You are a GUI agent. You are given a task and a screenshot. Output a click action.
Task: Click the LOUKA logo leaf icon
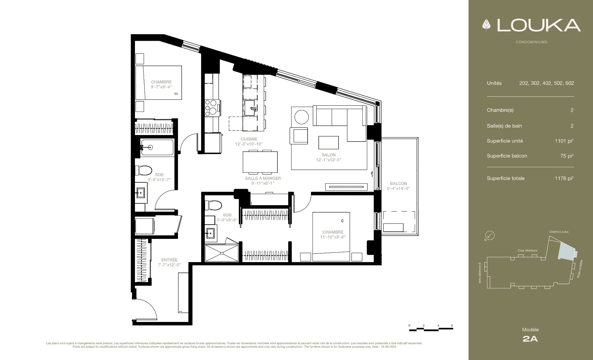tap(487, 25)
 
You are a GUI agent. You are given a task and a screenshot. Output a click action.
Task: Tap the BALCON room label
tap(398, 184)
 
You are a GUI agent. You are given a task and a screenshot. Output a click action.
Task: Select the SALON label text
tap(329, 155)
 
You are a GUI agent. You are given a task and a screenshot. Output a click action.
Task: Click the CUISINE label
tap(249, 139)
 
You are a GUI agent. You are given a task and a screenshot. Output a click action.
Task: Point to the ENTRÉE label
tap(169, 260)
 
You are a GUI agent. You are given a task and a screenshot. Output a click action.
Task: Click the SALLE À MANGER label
tap(263, 178)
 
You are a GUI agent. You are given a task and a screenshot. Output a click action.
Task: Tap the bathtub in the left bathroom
tap(157, 147)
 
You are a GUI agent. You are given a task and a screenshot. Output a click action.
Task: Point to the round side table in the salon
tap(301, 117)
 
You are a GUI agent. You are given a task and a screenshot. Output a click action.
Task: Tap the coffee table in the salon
tap(329, 142)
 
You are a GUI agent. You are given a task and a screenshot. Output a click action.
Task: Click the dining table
tap(260, 162)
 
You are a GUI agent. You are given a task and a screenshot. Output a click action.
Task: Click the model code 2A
tap(530, 339)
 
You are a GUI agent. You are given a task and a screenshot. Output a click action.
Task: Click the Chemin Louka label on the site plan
tap(558, 232)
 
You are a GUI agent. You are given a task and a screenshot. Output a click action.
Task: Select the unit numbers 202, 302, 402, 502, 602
tap(547, 83)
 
